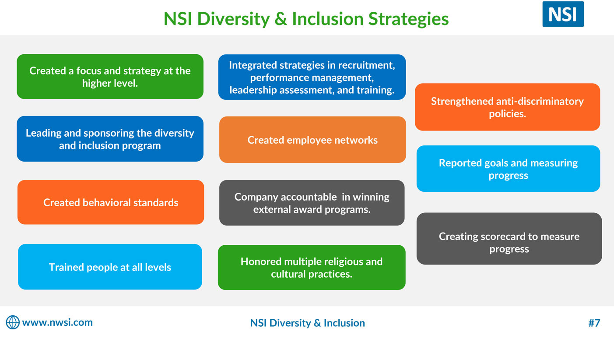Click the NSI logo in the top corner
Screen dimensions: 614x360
pyautogui.click(x=563, y=14)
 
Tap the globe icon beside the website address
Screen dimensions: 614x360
pyautogui.click(x=13, y=322)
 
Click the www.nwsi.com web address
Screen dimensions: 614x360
pyautogui.click(x=58, y=322)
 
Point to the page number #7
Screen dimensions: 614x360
pyautogui.click(x=594, y=323)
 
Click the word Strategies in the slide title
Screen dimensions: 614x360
pyautogui.click(x=408, y=19)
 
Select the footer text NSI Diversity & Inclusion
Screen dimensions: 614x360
pyautogui.click(x=308, y=323)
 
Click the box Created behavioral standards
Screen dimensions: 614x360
pyautogui.click(x=111, y=202)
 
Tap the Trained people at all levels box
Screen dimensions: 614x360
pyautogui.click(x=110, y=267)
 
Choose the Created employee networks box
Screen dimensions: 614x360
pyautogui.click(x=312, y=140)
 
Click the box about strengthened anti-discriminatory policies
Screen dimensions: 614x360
pyautogui.click(x=507, y=107)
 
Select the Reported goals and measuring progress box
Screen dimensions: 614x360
pyautogui.click(x=508, y=169)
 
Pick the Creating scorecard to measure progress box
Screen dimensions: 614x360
pyautogui.click(x=509, y=238)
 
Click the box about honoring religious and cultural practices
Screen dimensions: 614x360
pyautogui.click(x=312, y=267)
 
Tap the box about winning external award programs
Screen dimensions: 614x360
pyautogui.click(x=312, y=203)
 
